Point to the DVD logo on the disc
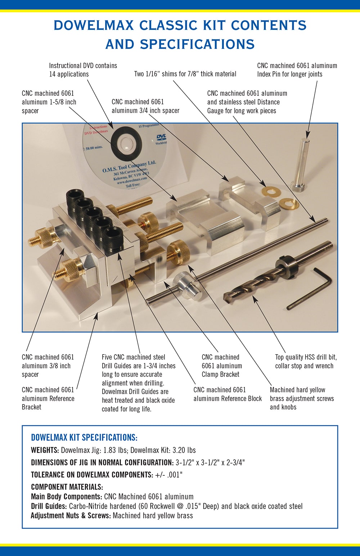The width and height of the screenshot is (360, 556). (x=161, y=138)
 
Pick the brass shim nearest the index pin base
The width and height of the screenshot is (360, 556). (x=289, y=204)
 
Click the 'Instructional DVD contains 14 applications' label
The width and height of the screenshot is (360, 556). (x=83, y=70)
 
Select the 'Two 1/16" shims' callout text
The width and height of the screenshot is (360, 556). (x=185, y=74)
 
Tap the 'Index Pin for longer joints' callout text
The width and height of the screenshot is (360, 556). (x=289, y=74)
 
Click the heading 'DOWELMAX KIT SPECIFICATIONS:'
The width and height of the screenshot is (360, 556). (x=84, y=438)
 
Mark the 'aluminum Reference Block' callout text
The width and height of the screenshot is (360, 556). (x=227, y=398)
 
